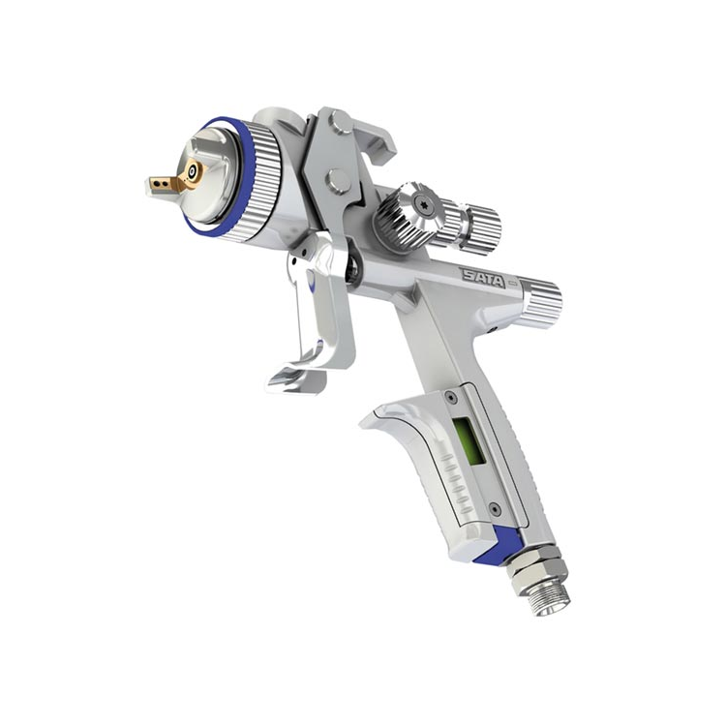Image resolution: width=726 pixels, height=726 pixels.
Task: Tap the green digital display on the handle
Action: (469, 440)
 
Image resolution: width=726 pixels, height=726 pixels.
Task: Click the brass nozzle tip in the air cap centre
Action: (192, 171)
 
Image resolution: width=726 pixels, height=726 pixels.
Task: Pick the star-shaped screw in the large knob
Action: (422, 202)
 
